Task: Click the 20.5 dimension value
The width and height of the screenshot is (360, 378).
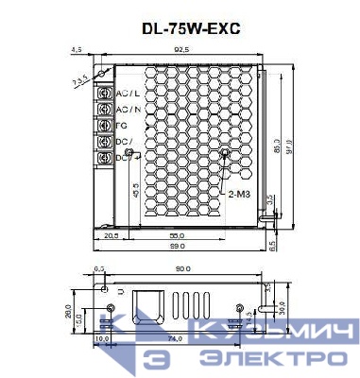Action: pyautogui.click(x=111, y=233)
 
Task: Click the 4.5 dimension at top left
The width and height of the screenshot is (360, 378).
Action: pyautogui.click(x=76, y=49)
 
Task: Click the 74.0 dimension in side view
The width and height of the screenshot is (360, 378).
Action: pyautogui.click(x=176, y=337)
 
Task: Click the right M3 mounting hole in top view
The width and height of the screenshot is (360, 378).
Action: pyautogui.click(x=226, y=152)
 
